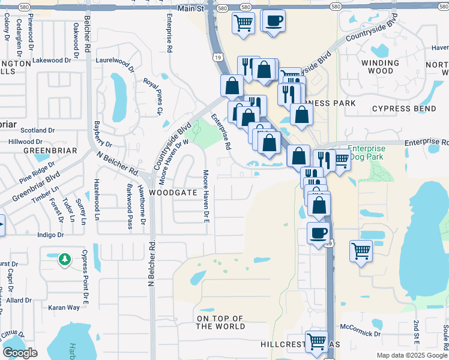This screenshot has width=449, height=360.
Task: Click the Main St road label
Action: (x=190, y=8)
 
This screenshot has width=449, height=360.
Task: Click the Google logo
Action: (x=20, y=353)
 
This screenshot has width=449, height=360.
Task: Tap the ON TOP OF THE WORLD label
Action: (x=221, y=322)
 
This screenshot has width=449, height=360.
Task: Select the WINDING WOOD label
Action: (x=381, y=67)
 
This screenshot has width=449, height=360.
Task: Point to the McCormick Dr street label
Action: (x=360, y=334)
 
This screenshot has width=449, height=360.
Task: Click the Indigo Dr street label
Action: (x=50, y=236)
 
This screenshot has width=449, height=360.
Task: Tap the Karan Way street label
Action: (x=64, y=307)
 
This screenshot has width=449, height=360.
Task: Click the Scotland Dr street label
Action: (x=38, y=130)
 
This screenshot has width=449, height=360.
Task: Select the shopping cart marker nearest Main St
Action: (x=243, y=23)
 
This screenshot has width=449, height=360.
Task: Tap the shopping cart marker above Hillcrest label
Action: (x=316, y=341)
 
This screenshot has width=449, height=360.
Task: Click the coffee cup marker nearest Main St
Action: (x=274, y=21)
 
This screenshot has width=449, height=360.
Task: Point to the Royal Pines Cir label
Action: (x=152, y=96)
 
